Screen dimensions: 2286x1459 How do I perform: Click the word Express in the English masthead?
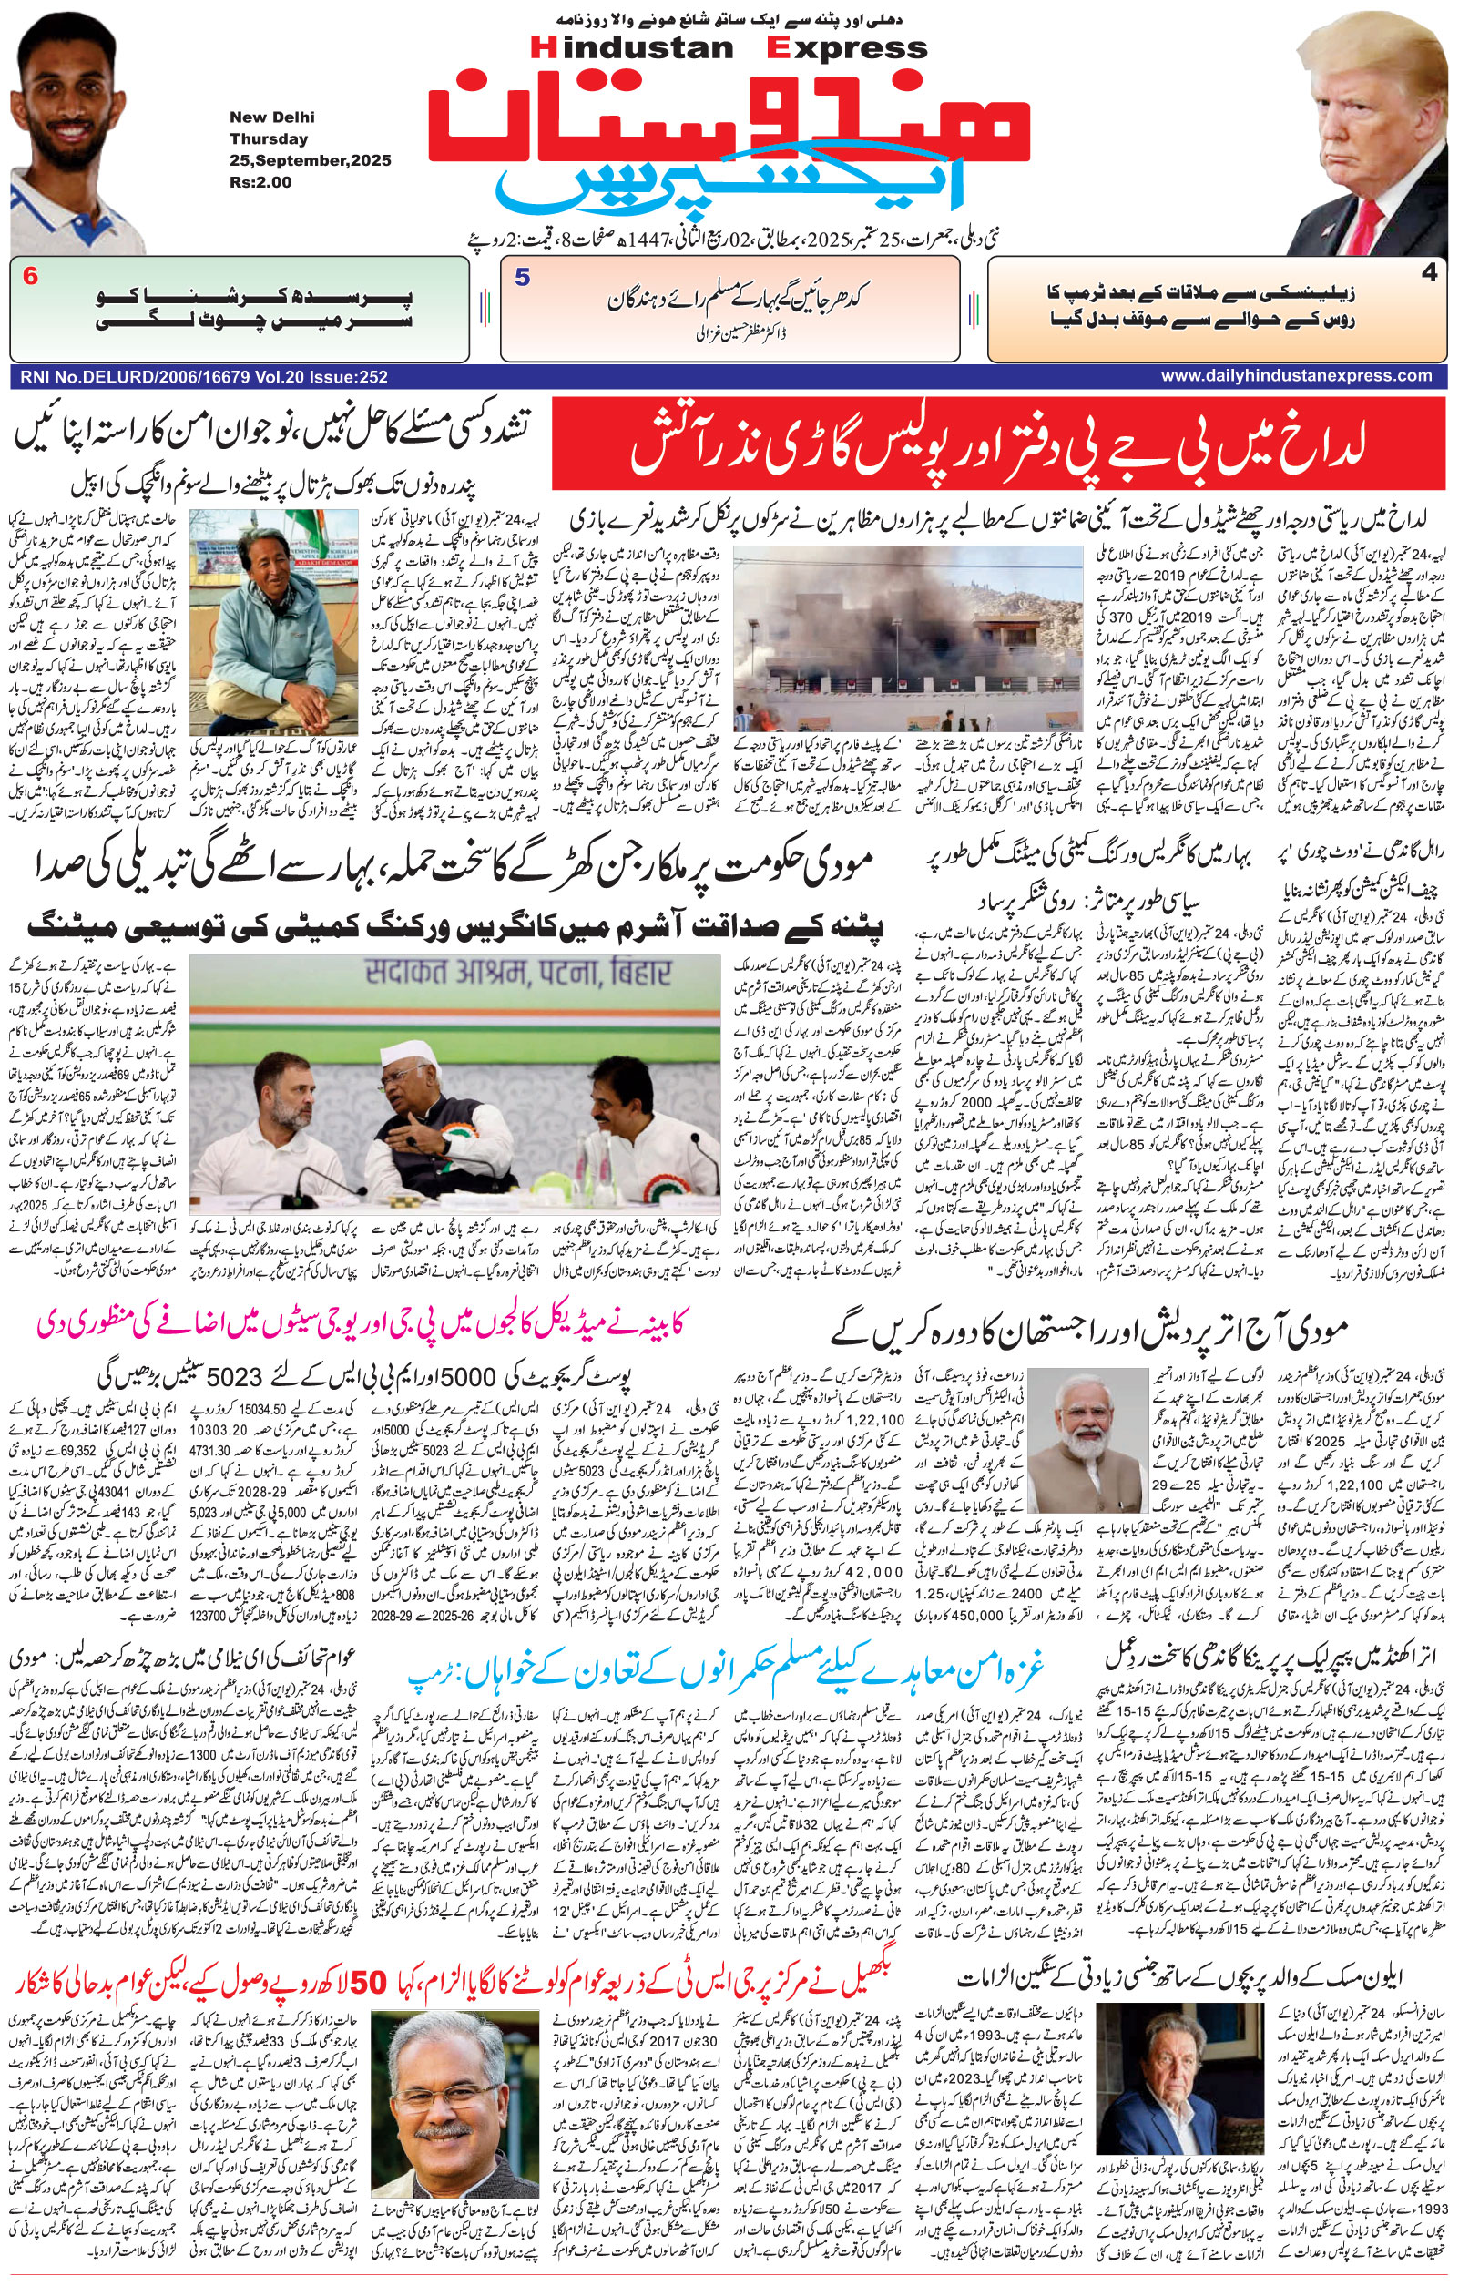850,47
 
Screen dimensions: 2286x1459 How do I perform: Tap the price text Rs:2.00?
260,182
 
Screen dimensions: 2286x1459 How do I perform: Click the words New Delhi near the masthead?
271,117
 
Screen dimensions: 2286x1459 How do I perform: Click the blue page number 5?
522,278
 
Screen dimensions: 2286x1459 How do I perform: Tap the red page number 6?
30,277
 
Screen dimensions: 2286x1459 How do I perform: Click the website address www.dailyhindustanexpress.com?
1296,376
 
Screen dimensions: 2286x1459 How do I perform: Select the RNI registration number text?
202,377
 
